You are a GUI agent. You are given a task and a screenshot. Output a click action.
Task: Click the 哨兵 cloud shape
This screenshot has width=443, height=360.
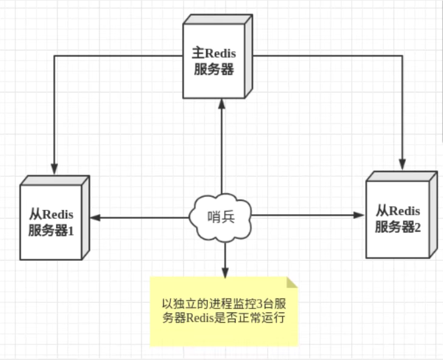point(220,217)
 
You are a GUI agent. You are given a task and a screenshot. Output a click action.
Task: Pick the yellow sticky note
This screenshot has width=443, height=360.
point(224,311)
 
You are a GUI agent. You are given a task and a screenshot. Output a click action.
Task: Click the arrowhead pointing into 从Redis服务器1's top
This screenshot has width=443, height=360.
point(55,170)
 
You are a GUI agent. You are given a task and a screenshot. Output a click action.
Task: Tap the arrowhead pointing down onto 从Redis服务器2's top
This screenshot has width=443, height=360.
point(402,164)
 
